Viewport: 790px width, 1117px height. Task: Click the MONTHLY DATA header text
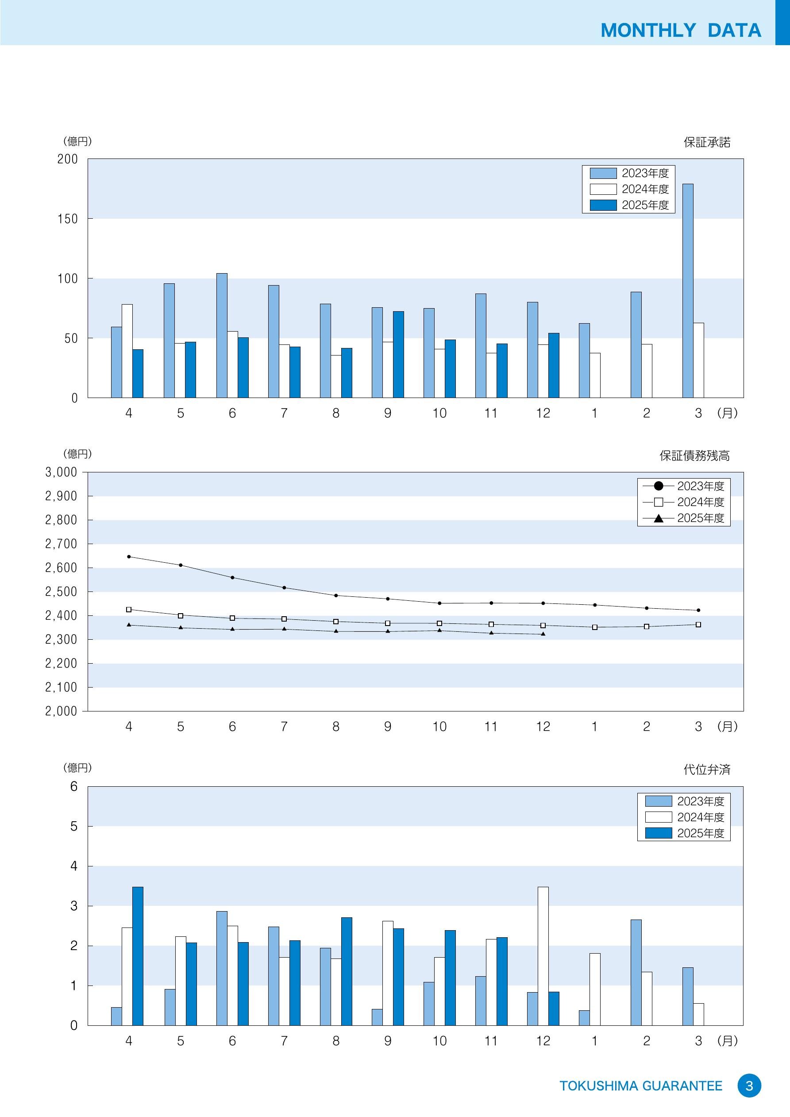click(681, 30)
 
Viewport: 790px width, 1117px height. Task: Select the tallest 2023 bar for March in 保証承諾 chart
click(687, 290)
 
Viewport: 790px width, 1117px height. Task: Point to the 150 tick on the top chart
click(68, 219)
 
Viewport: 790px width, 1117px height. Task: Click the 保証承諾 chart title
click(707, 142)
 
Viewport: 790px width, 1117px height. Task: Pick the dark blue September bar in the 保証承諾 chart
click(398, 354)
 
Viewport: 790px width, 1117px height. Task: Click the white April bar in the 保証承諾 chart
click(127, 351)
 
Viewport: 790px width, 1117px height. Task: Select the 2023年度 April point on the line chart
click(129, 557)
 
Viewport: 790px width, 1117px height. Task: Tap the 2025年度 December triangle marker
click(543, 634)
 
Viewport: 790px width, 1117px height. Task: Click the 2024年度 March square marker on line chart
click(698, 625)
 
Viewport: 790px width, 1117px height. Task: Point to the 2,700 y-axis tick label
click(61, 544)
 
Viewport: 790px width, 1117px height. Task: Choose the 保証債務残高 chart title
click(694, 456)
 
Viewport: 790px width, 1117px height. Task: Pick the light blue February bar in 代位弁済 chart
click(636, 973)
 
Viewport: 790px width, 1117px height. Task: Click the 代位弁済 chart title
click(707, 769)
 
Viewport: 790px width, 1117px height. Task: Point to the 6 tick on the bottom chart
click(73, 787)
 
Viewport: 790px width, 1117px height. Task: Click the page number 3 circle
click(749, 1086)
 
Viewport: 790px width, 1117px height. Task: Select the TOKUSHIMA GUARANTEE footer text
click(641, 1086)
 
